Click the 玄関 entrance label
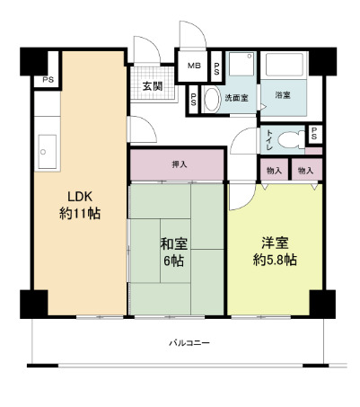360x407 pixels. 152,87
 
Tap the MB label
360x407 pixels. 194,66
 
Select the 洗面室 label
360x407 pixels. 236,96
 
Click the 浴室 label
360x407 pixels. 282,96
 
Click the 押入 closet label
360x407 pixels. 179,164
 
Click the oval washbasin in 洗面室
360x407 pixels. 212,99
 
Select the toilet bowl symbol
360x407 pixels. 289,139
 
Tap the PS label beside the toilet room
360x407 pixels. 314,134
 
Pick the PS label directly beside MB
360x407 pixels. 216,66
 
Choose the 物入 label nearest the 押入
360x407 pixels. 274,170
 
